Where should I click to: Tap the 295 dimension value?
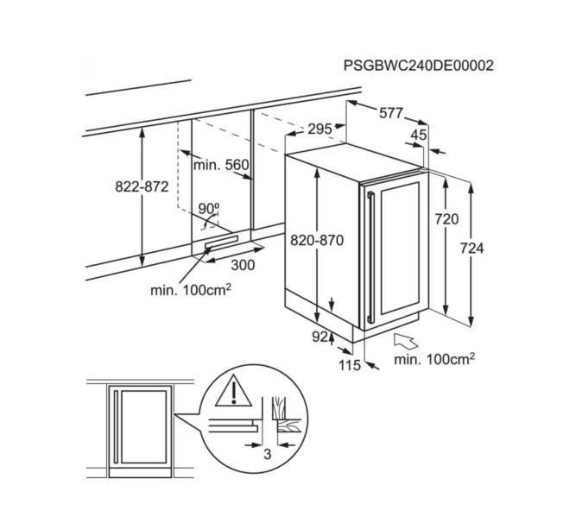click(x=319, y=129)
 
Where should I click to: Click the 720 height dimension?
click(x=446, y=220)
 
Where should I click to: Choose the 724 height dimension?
click(x=471, y=249)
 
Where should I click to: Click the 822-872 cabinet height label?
click(x=141, y=186)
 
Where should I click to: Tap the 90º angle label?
click(x=208, y=209)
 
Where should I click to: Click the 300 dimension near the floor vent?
click(x=243, y=265)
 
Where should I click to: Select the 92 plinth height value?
click(x=319, y=337)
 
